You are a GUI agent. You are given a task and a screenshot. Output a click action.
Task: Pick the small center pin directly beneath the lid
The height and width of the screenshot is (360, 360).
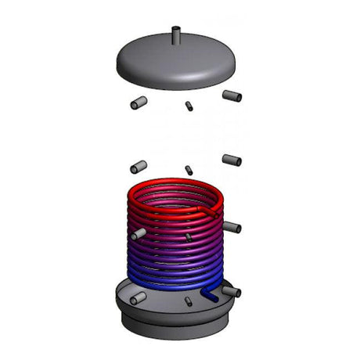pos(189,106)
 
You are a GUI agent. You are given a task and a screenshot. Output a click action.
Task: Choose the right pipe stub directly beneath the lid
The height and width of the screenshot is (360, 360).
pos(232,95)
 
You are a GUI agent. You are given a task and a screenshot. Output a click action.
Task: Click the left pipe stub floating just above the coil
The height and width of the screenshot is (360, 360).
pos(138,167)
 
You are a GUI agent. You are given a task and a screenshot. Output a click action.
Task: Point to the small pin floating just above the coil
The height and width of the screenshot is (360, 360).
pos(189,169)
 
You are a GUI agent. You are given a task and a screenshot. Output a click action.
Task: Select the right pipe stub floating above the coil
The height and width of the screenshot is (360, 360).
pos(232,159)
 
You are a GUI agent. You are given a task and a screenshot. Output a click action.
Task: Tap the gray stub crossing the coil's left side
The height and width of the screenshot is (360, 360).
pos(138,234)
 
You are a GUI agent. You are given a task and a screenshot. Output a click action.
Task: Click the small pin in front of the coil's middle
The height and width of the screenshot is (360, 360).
pos(189,236)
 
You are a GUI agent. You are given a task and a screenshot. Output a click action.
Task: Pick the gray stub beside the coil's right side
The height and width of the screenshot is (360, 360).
pos(232,227)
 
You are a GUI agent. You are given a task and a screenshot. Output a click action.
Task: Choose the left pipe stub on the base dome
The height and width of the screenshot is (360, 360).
pos(138,299)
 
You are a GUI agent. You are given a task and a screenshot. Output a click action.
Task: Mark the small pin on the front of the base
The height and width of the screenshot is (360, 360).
pos(189,301)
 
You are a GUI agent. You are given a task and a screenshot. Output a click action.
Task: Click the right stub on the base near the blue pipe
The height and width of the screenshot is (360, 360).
pos(232,291)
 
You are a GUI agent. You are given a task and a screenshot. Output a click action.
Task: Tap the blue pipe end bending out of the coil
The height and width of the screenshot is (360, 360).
pos(211,293)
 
